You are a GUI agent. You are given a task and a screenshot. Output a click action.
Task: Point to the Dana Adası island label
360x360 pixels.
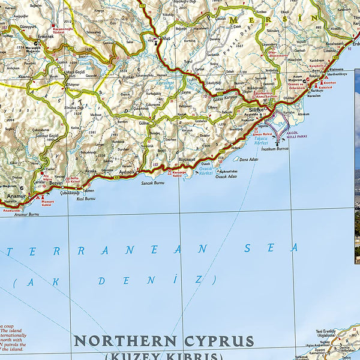pos(248,160)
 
